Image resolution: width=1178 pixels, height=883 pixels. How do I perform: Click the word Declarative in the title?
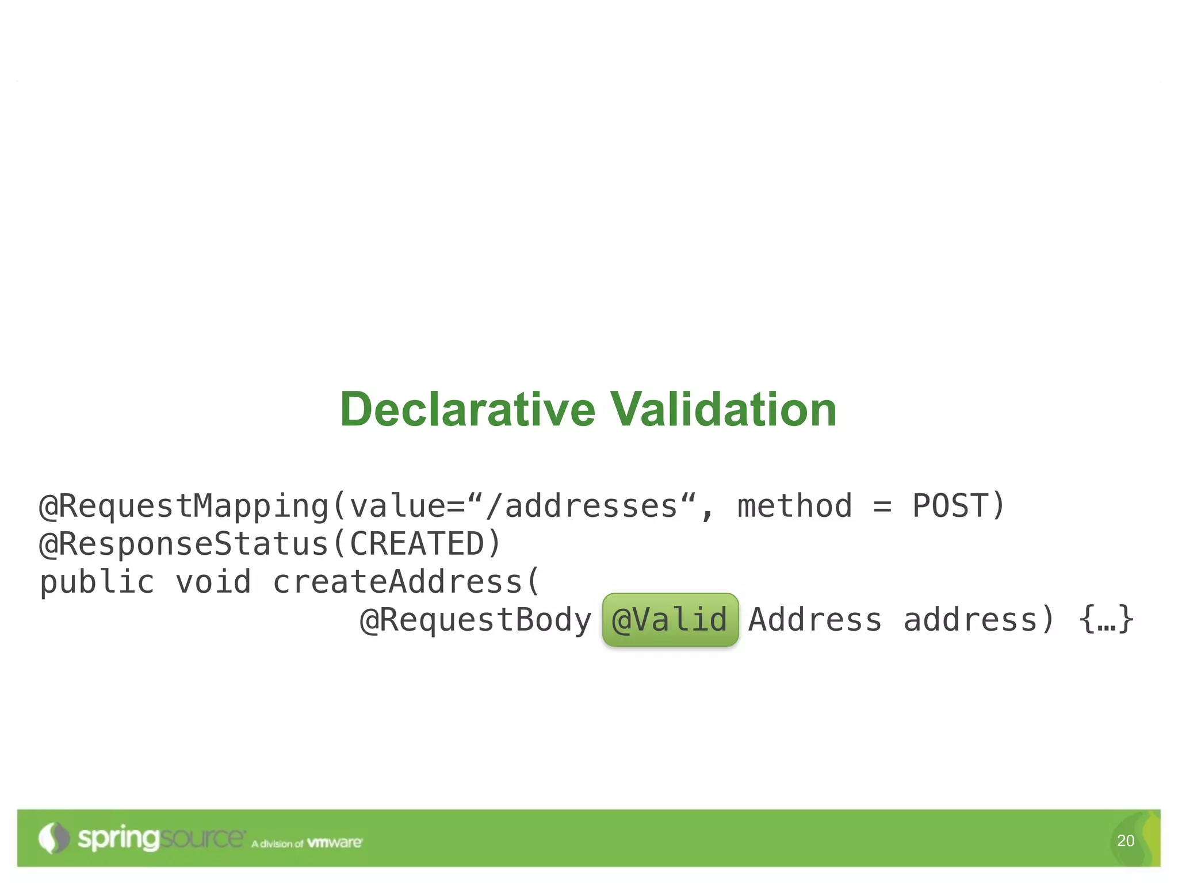[468, 409]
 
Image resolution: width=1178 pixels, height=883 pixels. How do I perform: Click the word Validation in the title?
[723, 409]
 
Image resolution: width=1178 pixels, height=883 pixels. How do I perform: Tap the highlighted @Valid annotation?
[670, 620]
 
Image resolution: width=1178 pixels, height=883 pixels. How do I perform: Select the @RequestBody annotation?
[476, 620]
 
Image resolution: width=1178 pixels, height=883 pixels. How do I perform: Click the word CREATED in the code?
[418, 544]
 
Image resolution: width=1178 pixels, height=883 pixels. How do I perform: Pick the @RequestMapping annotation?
[184, 506]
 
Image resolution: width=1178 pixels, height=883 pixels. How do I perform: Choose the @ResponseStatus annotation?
[184, 544]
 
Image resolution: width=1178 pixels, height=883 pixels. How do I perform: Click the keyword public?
[97, 582]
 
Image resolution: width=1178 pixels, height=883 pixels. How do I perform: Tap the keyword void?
[213, 582]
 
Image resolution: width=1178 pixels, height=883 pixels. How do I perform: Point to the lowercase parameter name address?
[970, 620]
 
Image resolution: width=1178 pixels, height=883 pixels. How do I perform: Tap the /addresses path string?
[582, 506]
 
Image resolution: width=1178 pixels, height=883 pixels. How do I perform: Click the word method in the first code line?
[794, 506]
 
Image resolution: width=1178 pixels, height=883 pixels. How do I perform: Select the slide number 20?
[1126, 840]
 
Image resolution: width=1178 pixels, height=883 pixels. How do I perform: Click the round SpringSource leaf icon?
[53, 838]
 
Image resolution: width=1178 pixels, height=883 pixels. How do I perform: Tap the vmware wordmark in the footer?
[335, 843]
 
